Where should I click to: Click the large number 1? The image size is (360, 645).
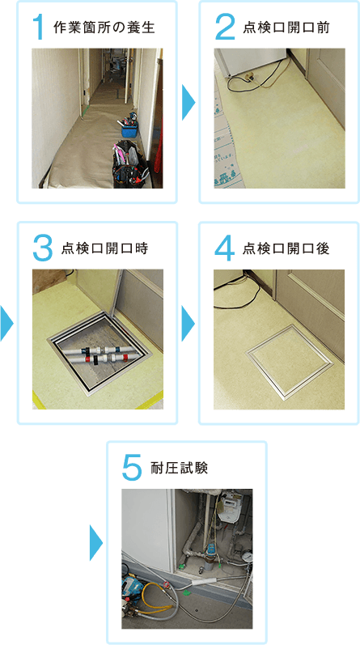(39, 28)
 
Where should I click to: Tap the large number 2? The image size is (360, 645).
(225, 28)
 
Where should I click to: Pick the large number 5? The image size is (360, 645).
(133, 469)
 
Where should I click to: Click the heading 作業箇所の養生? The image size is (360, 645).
(104, 28)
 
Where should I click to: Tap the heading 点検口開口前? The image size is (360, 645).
(286, 28)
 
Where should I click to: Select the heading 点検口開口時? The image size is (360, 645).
(104, 249)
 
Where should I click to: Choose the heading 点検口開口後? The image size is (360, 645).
(286, 249)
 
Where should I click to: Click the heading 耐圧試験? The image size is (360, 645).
(180, 469)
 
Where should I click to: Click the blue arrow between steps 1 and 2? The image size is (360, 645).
(188, 103)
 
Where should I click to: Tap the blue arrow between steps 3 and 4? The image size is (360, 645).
(188, 324)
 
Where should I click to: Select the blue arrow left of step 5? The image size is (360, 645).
(95, 543)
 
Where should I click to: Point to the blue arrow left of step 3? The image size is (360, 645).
(6, 324)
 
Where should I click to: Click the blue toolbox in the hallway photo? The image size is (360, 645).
(130, 128)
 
